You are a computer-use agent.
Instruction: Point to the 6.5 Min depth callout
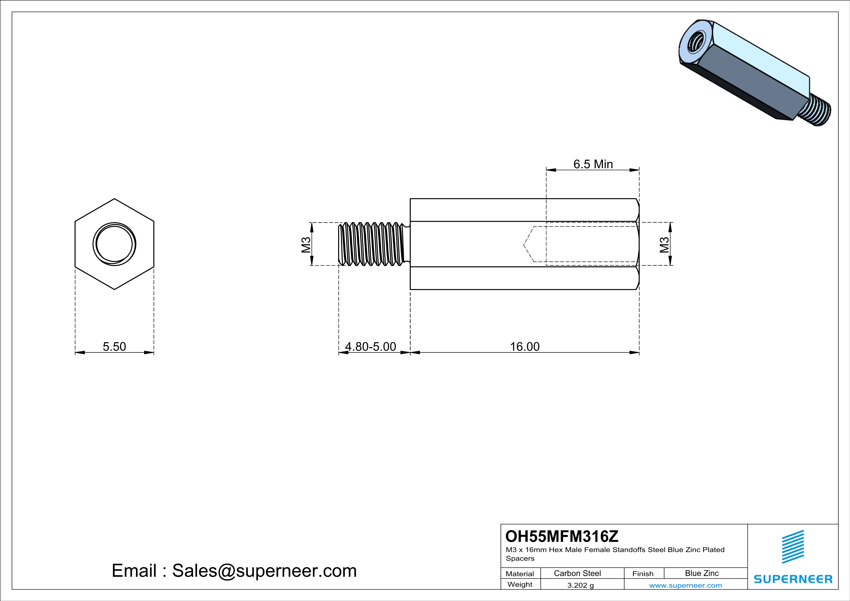593,164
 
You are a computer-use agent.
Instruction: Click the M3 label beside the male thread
306,244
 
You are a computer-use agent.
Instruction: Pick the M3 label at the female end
664,244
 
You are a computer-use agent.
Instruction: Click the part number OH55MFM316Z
562,536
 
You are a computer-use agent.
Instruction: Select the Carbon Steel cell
577,573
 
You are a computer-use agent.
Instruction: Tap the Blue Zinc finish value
702,573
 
